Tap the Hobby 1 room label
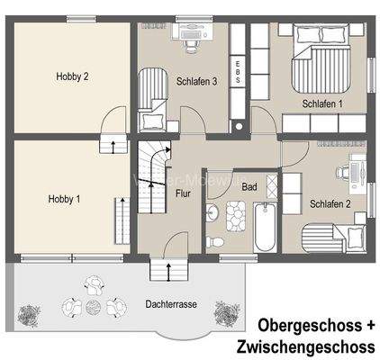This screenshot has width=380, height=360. (65, 199)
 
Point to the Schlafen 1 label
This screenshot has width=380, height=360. (322, 104)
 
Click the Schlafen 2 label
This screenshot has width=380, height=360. (330, 203)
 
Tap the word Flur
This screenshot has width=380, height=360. (182, 193)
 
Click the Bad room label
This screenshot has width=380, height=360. (249, 186)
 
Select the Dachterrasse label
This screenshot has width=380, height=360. (171, 304)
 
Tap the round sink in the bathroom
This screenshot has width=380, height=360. (212, 212)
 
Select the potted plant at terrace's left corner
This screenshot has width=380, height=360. (31, 314)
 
